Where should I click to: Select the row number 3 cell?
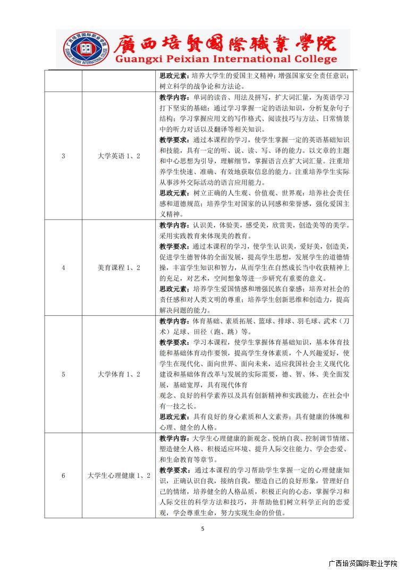pos(63,156)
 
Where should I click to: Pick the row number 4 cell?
pos(63,267)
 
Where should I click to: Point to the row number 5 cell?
pos(63,374)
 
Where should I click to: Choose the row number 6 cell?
pos(63,475)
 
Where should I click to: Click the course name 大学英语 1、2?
pos(119,156)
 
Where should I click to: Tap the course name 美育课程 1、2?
pos(119,267)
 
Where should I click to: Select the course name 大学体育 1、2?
pos(119,374)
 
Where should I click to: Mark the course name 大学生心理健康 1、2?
pos(119,475)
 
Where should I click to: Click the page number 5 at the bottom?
pos(202,528)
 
